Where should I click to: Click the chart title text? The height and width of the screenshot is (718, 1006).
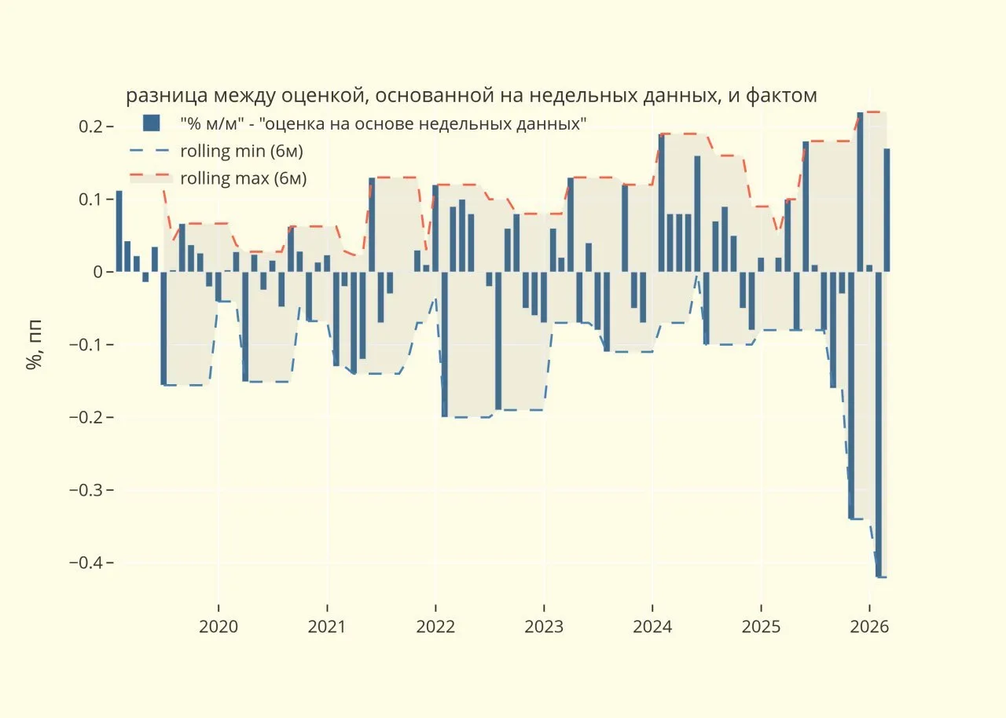click(x=471, y=96)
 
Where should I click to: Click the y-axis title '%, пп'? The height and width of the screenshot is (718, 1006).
click(x=34, y=345)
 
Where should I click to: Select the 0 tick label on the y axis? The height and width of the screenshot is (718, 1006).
click(x=98, y=272)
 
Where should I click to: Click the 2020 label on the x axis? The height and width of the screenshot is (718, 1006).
click(x=218, y=627)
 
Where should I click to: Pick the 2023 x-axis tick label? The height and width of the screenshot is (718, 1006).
click(x=544, y=627)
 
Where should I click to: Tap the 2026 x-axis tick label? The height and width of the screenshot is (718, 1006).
click(x=869, y=627)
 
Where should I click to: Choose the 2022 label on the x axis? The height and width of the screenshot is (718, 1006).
click(x=435, y=627)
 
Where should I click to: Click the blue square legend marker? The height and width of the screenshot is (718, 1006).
click(x=152, y=123)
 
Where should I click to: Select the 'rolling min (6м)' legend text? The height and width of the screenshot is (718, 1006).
click(x=241, y=152)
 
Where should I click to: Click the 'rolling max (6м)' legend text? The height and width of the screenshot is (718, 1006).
click(x=244, y=178)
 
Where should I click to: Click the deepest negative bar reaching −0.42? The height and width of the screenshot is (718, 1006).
click(x=879, y=424)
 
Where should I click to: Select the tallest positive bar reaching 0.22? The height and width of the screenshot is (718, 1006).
click(x=860, y=192)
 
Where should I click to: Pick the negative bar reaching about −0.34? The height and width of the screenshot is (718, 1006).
click(x=851, y=395)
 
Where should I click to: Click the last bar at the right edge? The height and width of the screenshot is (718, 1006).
click(x=887, y=210)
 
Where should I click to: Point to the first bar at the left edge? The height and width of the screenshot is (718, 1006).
click(x=119, y=231)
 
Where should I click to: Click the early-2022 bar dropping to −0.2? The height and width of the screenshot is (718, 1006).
click(x=445, y=345)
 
